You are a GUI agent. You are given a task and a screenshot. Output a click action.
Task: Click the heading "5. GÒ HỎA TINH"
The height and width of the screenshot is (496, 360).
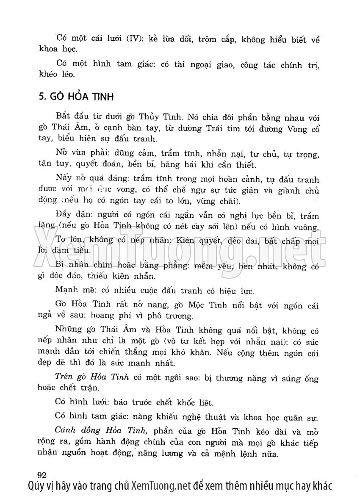point(76,97)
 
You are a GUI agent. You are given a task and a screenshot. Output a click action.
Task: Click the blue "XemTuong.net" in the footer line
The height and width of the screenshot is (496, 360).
point(161,486)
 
